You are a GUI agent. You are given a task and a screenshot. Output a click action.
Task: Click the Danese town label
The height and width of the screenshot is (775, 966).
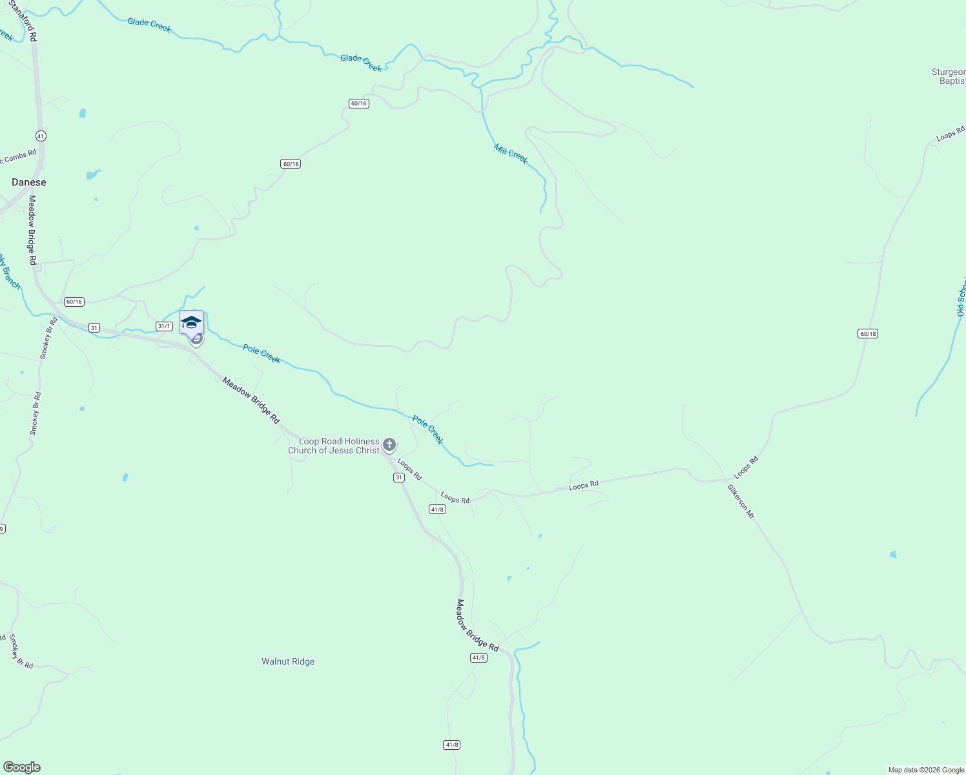pyautogui.click(x=29, y=183)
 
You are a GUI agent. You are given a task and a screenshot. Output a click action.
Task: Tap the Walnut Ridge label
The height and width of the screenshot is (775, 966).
pyautogui.click(x=288, y=662)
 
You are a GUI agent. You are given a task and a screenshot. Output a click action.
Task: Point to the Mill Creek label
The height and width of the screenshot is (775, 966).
pyautogui.click(x=511, y=154)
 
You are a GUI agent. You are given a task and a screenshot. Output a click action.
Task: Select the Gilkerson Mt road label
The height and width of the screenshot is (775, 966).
pyautogui.click(x=741, y=502)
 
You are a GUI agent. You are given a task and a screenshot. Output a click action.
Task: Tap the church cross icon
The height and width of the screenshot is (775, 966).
pyautogui.click(x=389, y=444)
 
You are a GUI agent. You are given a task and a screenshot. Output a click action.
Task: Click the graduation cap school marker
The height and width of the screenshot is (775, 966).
pyautogui.click(x=191, y=322)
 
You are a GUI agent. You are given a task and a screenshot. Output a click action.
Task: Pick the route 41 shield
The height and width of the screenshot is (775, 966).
pyautogui.click(x=41, y=136)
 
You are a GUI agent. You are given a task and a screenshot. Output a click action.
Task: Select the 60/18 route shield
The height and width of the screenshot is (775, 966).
pyautogui.click(x=868, y=334)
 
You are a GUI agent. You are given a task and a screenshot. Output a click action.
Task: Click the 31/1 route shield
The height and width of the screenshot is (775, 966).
pyautogui.click(x=164, y=326)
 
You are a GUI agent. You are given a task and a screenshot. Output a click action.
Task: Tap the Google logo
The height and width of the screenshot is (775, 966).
pyautogui.click(x=21, y=767)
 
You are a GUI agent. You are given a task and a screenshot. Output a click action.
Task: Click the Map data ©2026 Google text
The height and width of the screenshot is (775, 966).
pyautogui.click(x=926, y=770)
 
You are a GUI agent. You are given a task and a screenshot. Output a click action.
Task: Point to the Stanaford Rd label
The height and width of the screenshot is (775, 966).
pyautogui.click(x=23, y=21)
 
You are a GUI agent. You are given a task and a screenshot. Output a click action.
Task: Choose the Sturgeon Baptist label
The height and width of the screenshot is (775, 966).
pyautogui.click(x=949, y=77)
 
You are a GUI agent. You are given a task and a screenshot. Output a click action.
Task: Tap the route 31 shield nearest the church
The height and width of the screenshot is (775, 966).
pyautogui.click(x=399, y=478)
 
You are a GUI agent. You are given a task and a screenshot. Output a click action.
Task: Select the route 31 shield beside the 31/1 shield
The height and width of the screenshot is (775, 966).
pyautogui.click(x=94, y=328)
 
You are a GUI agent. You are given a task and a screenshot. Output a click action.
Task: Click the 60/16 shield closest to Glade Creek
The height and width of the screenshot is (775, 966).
pyautogui.click(x=358, y=103)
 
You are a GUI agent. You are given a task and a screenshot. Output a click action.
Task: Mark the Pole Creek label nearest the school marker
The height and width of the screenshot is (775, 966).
pyautogui.click(x=262, y=354)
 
